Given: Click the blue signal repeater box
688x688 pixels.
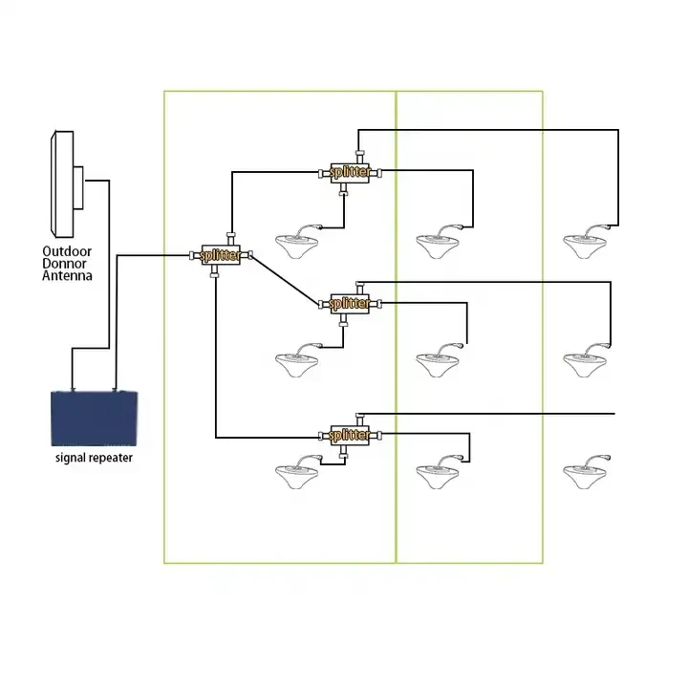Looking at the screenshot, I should coord(97,418).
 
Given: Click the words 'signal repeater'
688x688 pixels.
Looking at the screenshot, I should coord(95,458).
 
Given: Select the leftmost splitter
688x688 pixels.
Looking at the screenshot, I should coord(220,256).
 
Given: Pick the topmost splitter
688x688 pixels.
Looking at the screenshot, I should coord(347,172).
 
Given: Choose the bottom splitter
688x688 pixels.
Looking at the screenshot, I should coord(348,435).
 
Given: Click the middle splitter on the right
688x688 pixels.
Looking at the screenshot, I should coord(348,304).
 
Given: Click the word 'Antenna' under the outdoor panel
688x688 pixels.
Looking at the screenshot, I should coord(67,276).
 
